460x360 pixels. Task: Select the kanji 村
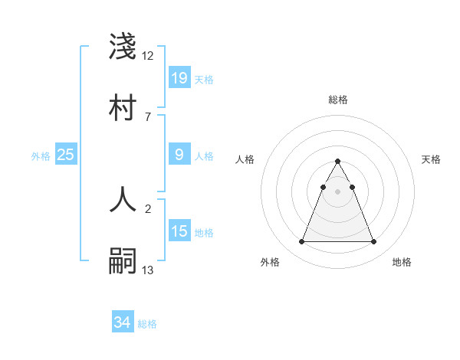123,106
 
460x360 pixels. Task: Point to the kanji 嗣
123,260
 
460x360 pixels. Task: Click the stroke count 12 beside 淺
148,55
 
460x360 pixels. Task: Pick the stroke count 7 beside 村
147,116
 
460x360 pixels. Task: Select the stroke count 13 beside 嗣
148,269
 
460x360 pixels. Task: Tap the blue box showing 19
179,77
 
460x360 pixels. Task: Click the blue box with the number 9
179,155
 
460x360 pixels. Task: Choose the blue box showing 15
179,231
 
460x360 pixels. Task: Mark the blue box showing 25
66,155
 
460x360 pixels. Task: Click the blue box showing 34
123,322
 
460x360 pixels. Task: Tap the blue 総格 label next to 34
147,324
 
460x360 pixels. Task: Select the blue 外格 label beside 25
41,156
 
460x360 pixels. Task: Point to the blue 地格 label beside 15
204,233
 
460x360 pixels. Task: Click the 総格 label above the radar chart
337,100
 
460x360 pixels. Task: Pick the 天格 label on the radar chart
431,159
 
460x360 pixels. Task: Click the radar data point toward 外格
301,242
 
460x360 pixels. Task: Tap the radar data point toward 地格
373,242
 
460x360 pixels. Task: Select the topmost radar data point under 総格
337,161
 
